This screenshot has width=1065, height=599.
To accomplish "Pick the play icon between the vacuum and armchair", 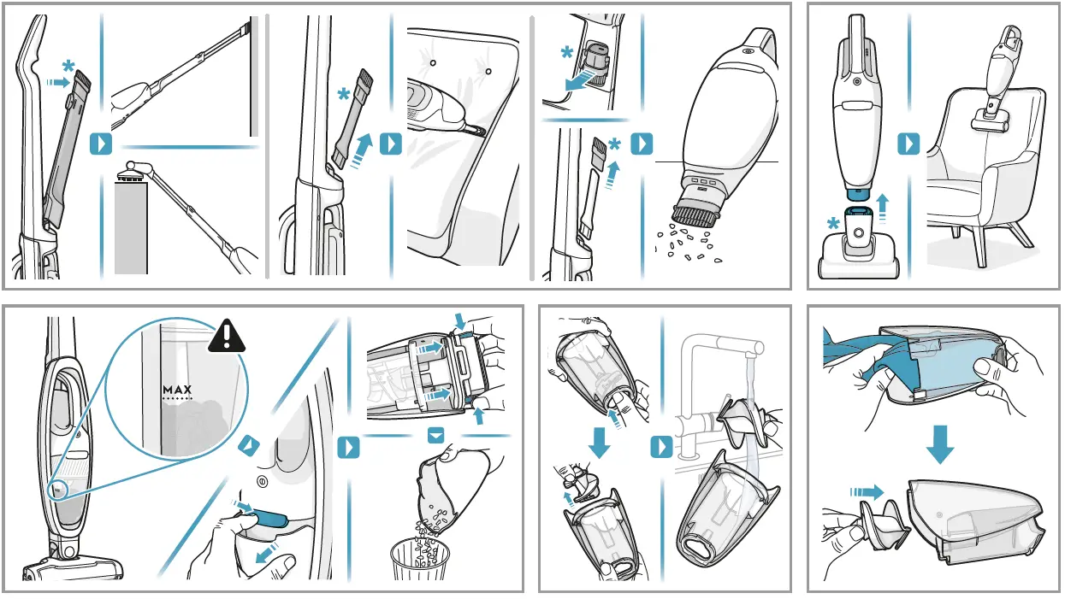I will [x=908, y=144].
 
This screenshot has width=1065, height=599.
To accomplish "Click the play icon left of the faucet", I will [x=663, y=447].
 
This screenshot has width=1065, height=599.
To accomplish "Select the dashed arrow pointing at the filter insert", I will [x=867, y=490].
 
